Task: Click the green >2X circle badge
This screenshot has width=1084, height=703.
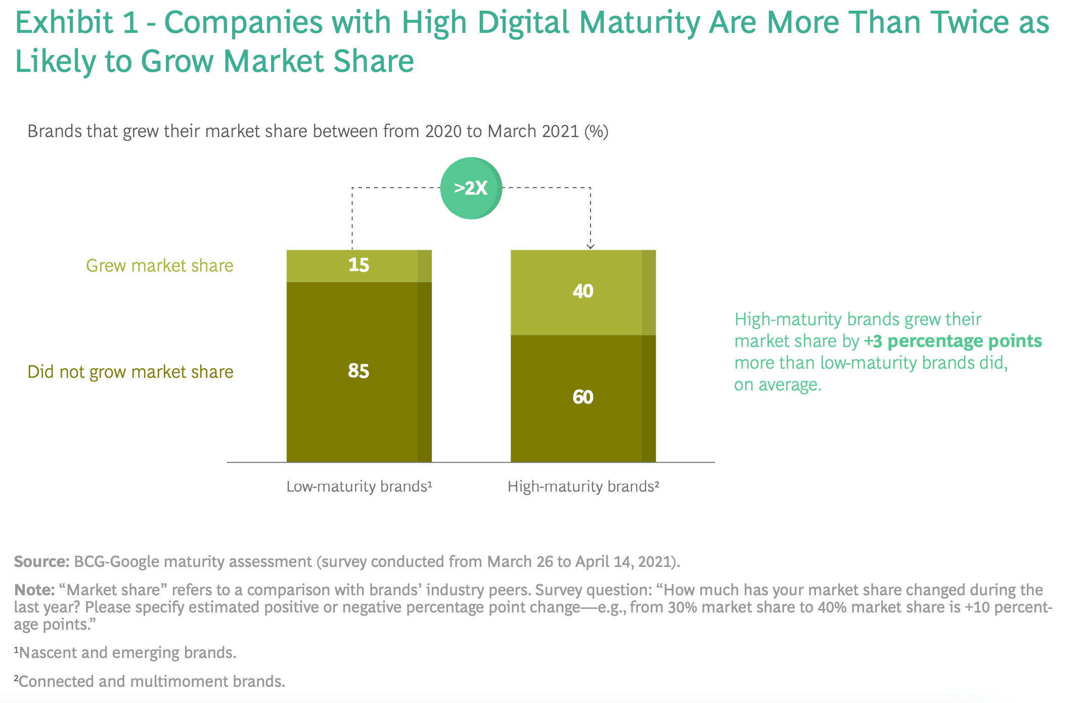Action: (471, 188)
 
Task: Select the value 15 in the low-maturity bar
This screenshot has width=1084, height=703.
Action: (358, 265)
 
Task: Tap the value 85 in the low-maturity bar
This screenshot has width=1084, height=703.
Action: (358, 371)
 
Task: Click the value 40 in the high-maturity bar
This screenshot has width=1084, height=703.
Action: (583, 291)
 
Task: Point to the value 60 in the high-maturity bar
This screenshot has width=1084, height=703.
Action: (583, 398)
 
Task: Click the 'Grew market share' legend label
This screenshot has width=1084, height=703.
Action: (159, 266)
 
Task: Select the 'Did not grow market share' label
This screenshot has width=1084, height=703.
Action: (130, 372)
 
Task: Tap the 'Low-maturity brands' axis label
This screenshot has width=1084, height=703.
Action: (359, 487)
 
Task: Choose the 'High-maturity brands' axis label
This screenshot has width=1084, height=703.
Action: (583, 487)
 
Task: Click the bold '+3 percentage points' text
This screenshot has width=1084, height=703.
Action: (953, 341)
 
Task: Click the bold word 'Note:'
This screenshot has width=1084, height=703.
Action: (34, 590)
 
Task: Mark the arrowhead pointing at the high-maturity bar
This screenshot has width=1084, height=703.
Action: (590, 246)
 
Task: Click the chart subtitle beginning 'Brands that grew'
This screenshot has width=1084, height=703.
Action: (318, 131)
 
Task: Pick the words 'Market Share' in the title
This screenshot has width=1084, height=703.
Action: (319, 61)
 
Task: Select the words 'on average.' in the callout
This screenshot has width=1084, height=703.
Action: (778, 385)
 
